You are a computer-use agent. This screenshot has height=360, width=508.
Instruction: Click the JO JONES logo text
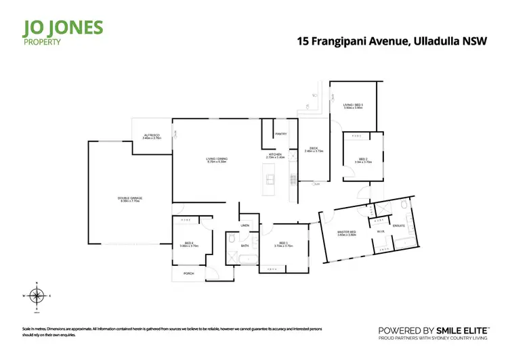point(62,28)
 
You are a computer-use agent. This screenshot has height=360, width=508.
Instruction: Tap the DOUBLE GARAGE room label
point(131,198)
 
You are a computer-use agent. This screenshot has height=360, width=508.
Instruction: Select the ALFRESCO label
point(151,135)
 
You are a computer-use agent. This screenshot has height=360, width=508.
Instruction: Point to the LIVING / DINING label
point(217,160)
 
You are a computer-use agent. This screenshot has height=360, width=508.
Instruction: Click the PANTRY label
point(281,134)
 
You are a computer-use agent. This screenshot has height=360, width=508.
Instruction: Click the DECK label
point(314,148)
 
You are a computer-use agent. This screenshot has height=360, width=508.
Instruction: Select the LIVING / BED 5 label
point(354,105)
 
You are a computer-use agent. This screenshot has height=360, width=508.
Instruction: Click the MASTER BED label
point(347,233)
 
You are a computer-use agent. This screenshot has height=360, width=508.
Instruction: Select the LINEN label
point(245,225)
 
